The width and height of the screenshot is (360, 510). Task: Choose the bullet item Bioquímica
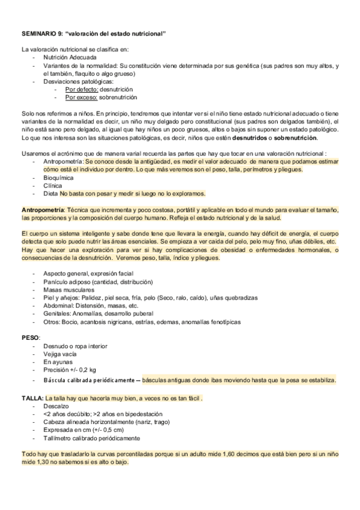point(58,178)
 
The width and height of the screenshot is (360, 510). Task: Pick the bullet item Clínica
point(52,186)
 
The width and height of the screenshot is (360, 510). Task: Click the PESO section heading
point(30,338)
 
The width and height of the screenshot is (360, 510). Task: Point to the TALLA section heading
point(32,398)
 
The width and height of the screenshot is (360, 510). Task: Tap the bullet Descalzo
point(56,407)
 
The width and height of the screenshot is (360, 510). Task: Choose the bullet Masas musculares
point(66,289)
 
